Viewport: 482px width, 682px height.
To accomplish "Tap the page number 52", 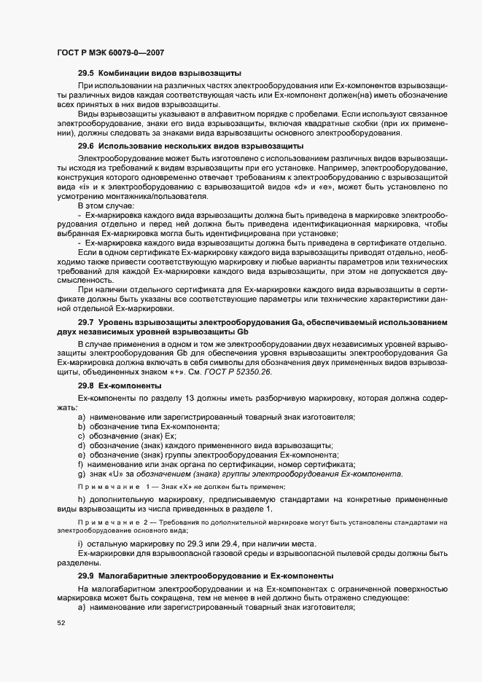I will pyautogui.click(x=61, y=623).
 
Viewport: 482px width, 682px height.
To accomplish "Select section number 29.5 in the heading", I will pyautogui.click(x=86, y=74).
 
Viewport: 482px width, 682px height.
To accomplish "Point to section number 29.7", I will pyautogui.click(x=86, y=321).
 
